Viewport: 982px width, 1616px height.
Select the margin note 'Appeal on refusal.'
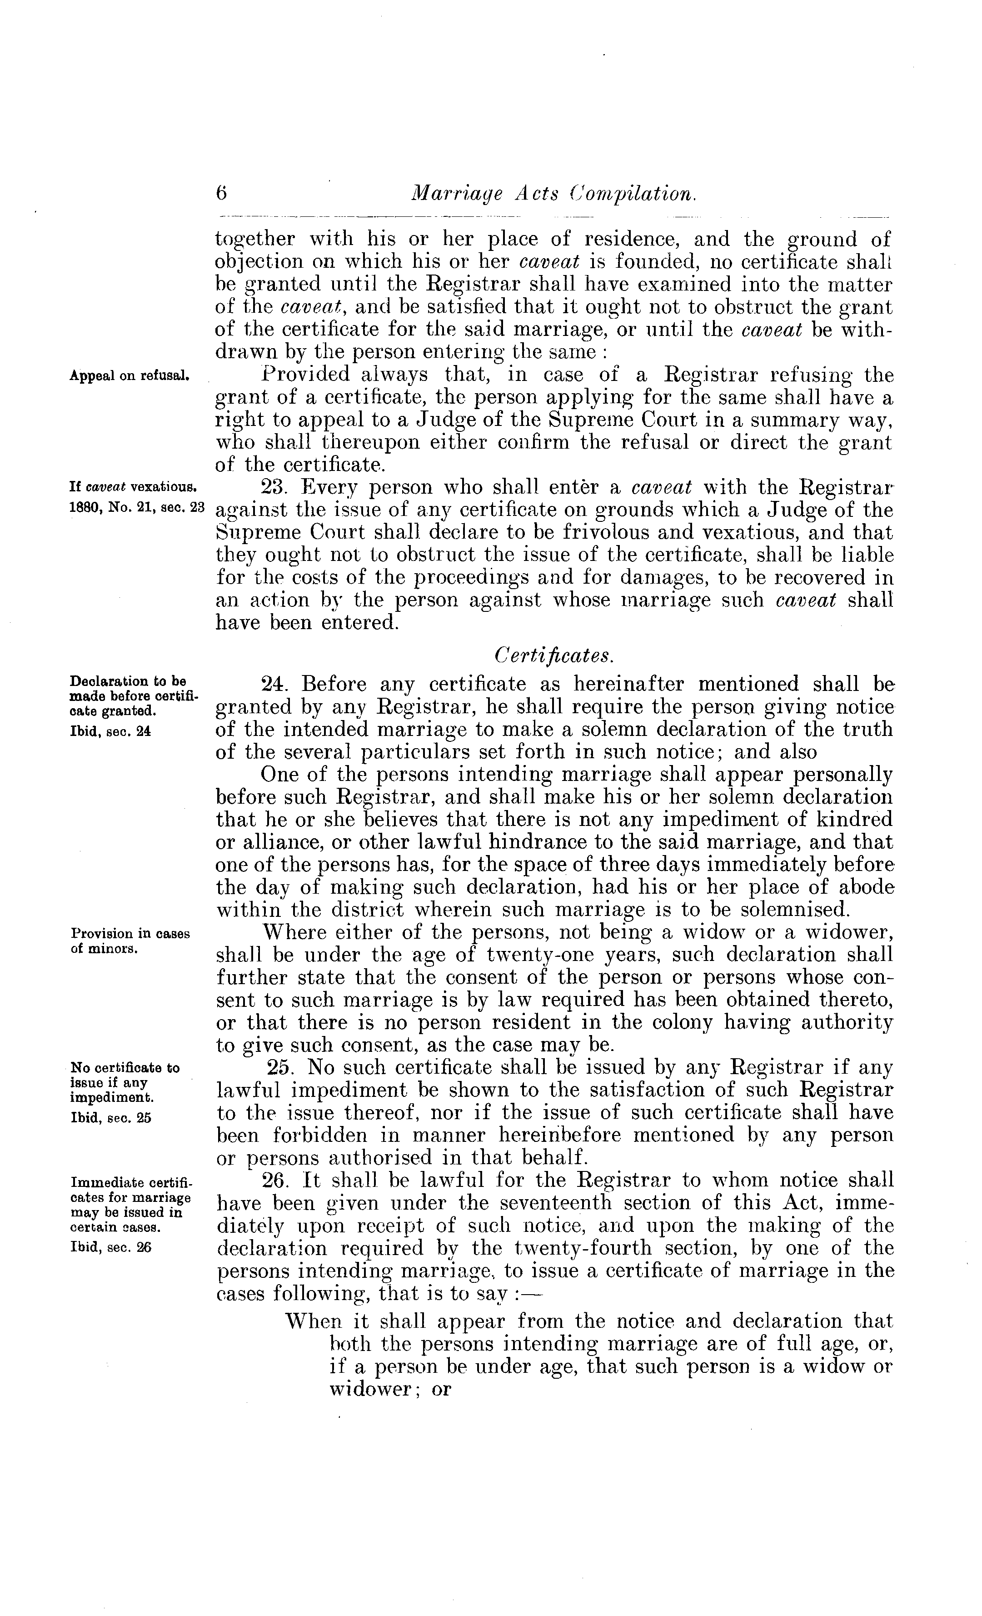(x=130, y=376)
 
